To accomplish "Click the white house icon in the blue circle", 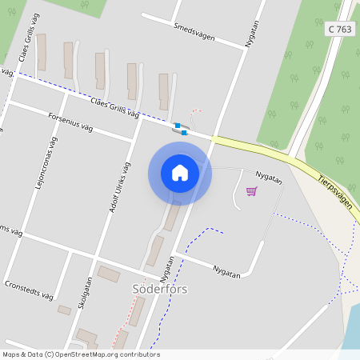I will click(180, 173).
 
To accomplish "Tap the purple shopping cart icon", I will click(251, 190).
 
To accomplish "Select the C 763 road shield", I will click(340, 29).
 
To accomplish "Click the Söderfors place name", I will click(159, 289).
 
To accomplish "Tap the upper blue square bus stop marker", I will click(178, 125).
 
